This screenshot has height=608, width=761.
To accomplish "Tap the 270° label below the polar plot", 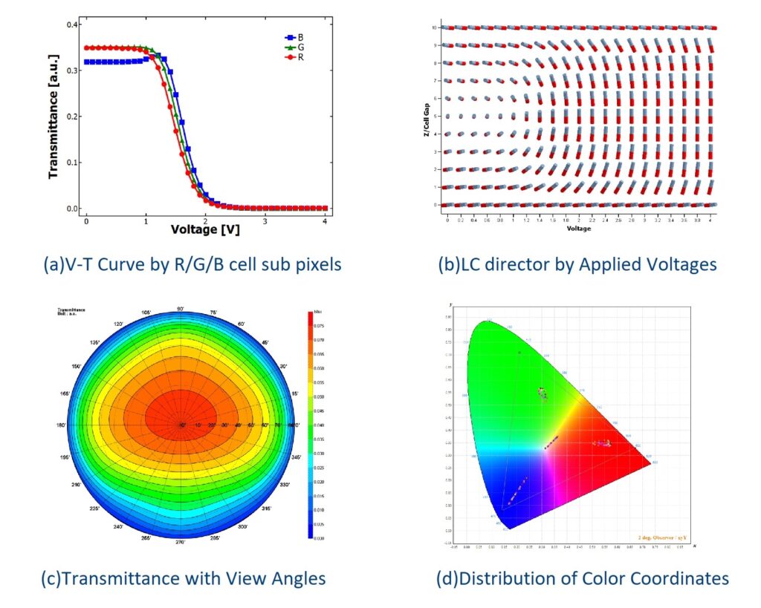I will click(181, 542).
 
